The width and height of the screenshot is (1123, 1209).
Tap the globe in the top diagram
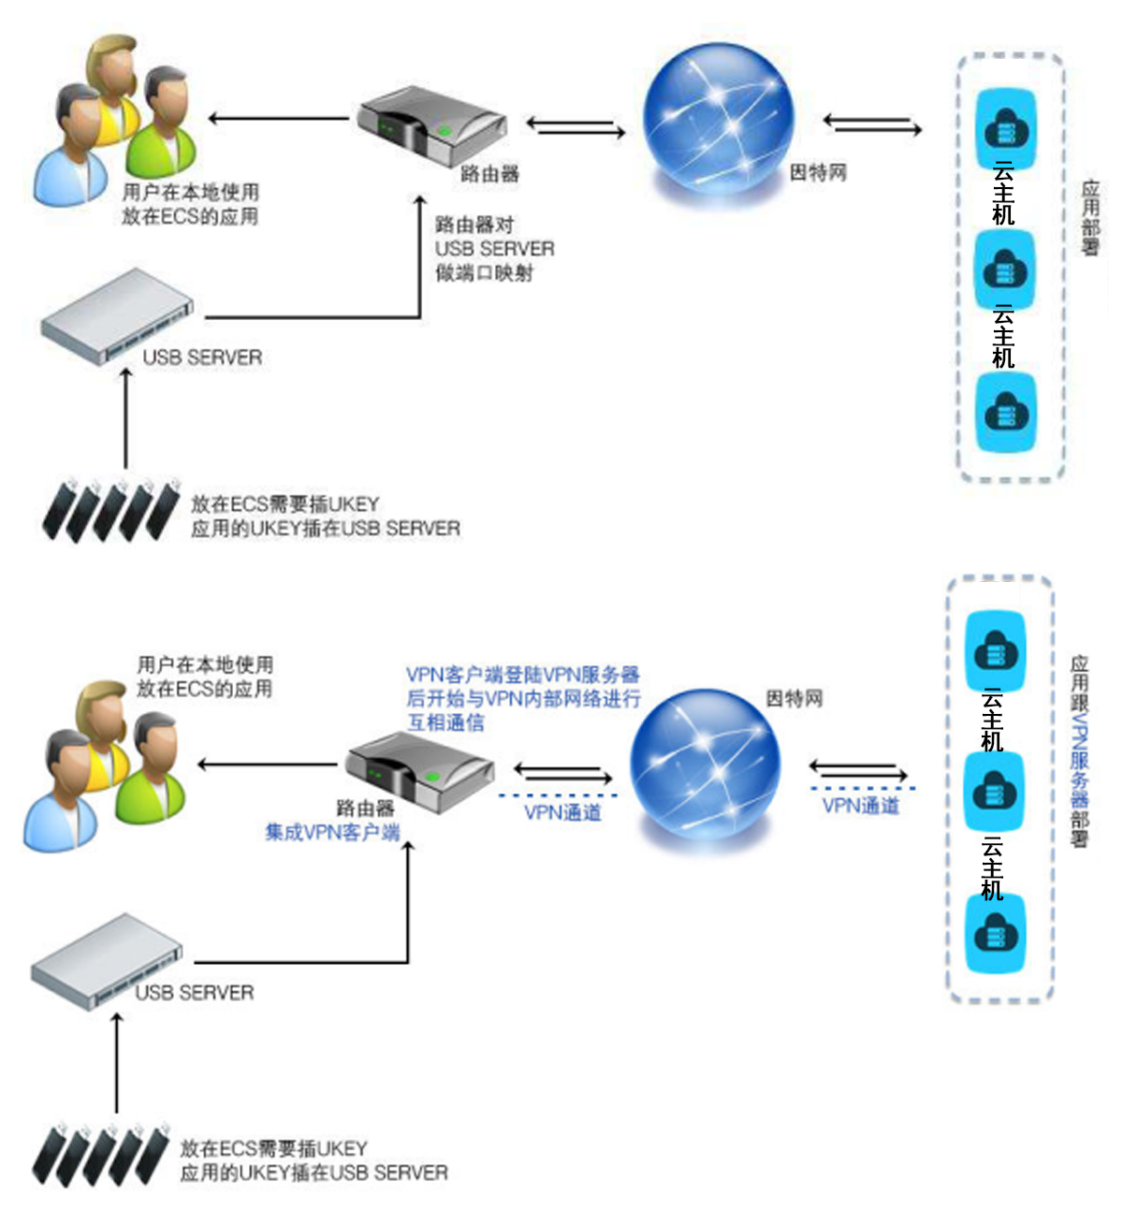point(719,121)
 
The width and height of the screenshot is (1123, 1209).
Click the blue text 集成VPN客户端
point(332,832)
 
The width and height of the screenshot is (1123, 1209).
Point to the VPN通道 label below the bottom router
point(562,812)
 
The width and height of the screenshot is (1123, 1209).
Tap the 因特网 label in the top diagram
point(818,172)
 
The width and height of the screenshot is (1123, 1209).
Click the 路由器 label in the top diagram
point(489,173)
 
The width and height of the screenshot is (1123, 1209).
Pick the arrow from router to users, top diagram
point(279,119)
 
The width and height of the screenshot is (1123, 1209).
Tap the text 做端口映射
point(484,273)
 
